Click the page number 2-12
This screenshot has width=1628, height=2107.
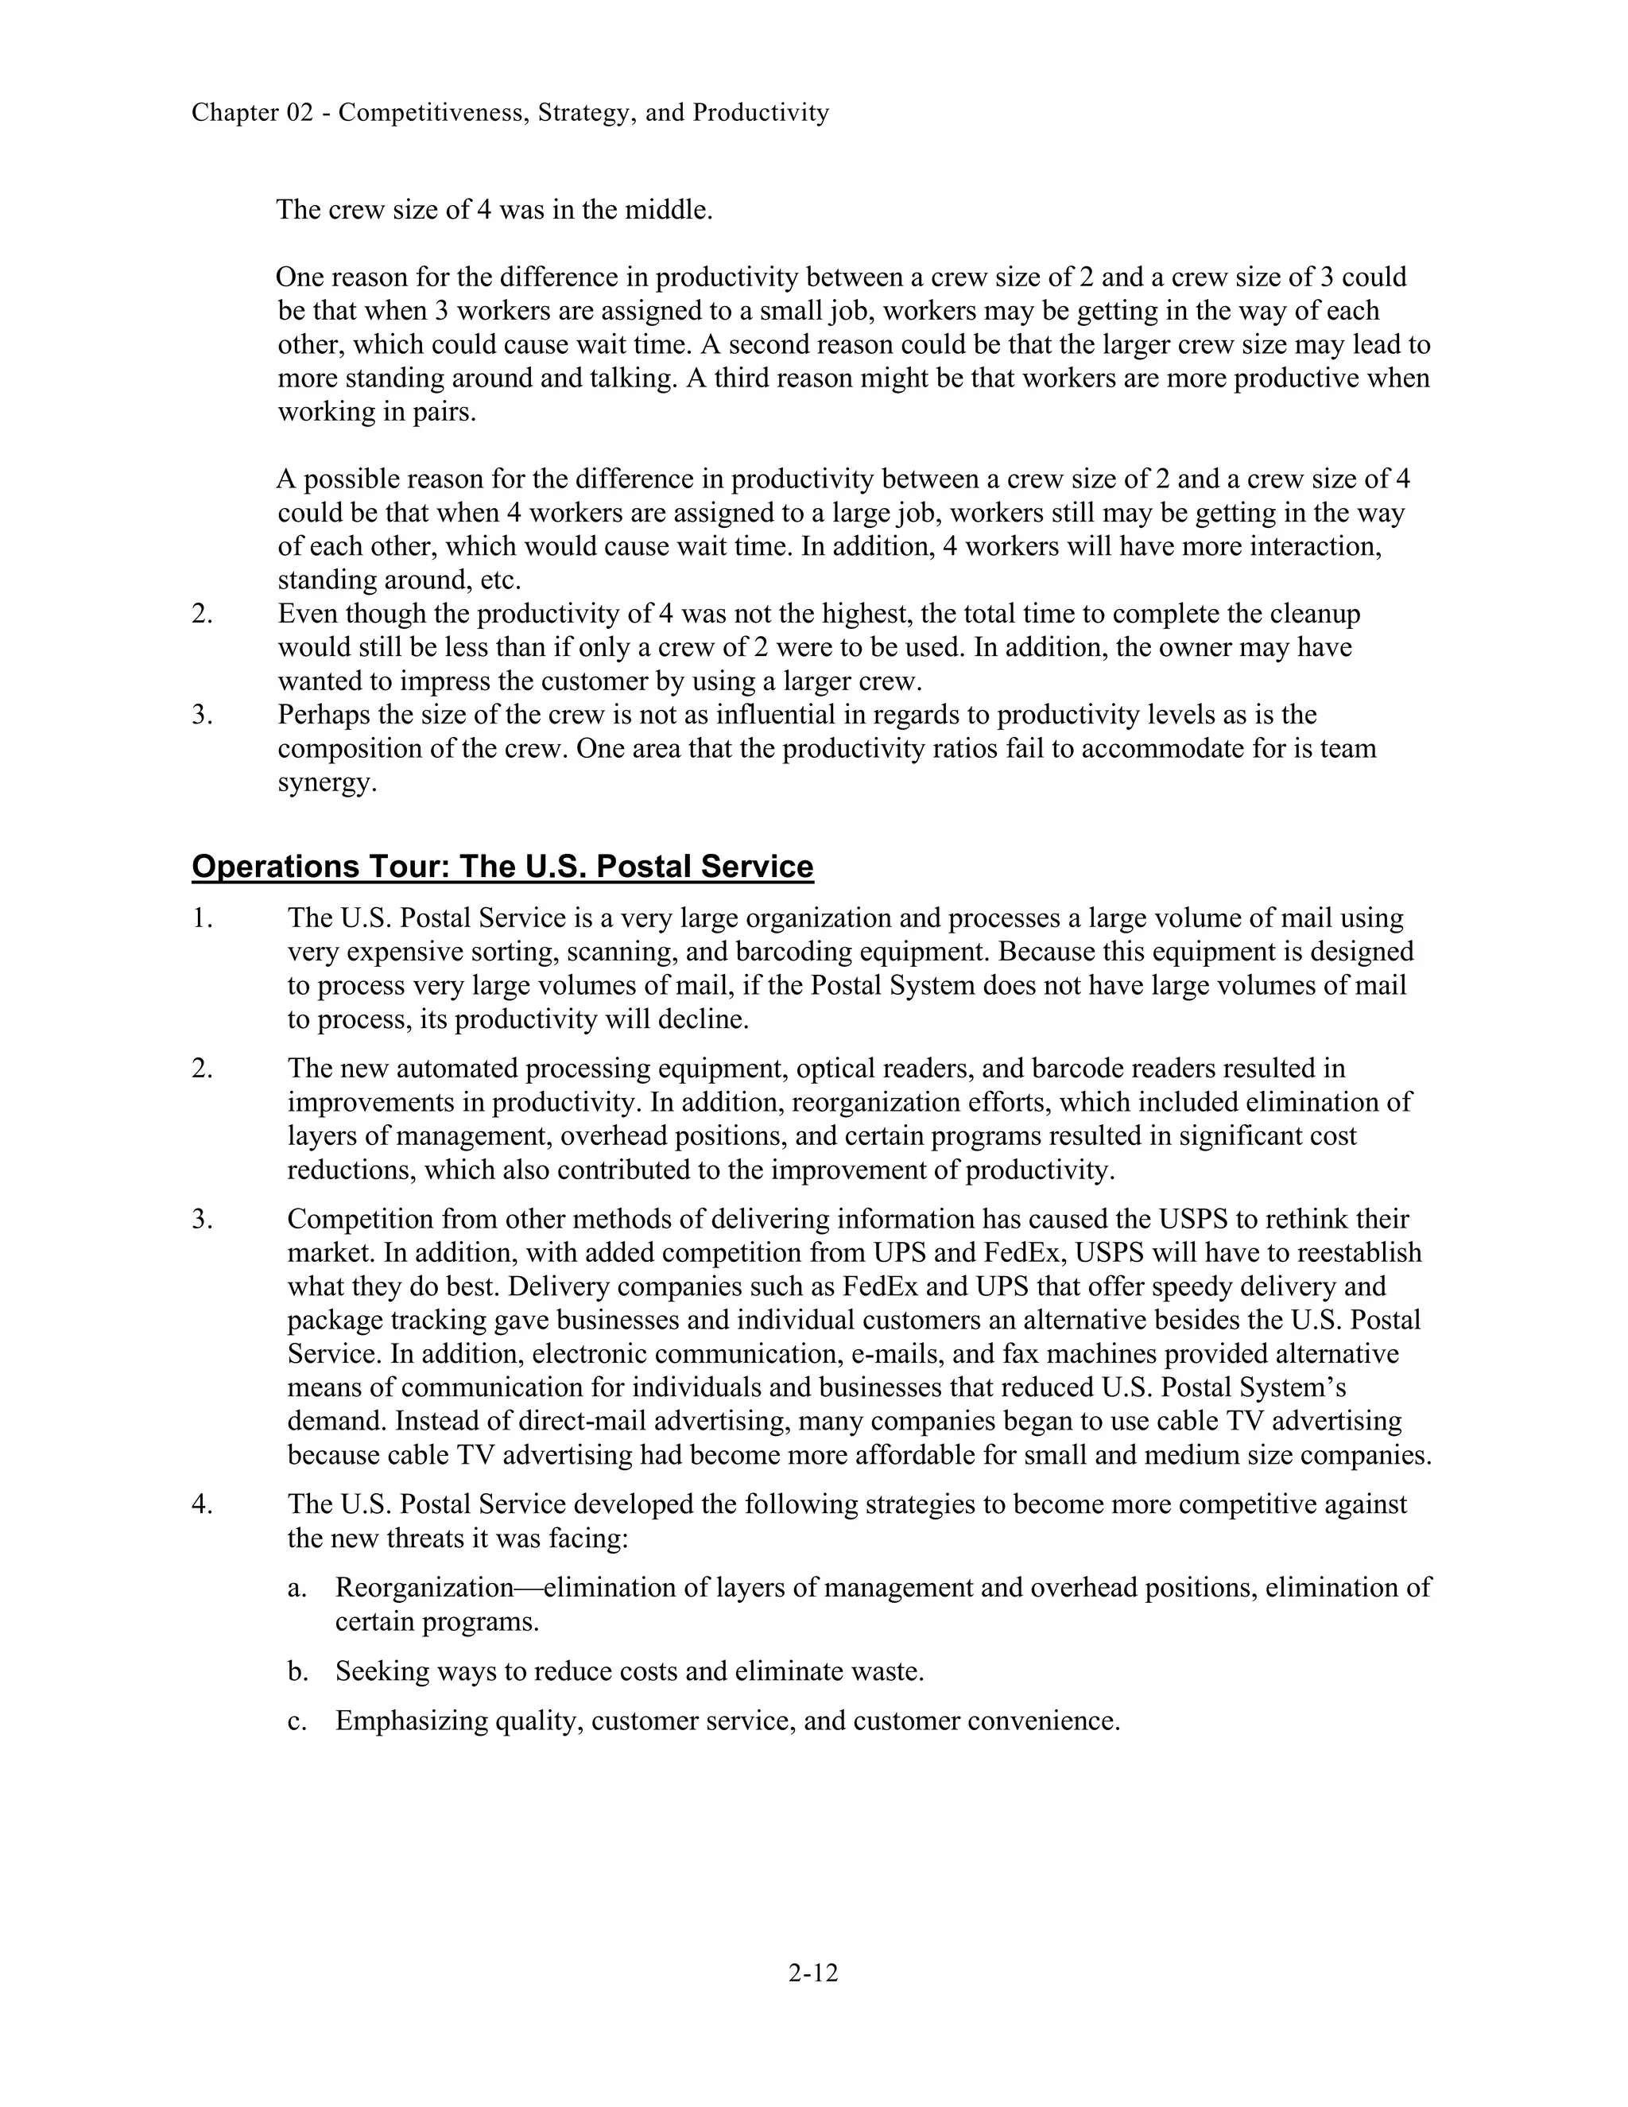coord(813,1973)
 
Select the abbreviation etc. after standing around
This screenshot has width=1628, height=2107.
coord(499,580)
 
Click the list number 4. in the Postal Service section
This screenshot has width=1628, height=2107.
coord(202,1504)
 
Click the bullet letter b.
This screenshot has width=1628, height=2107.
coord(298,1671)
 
